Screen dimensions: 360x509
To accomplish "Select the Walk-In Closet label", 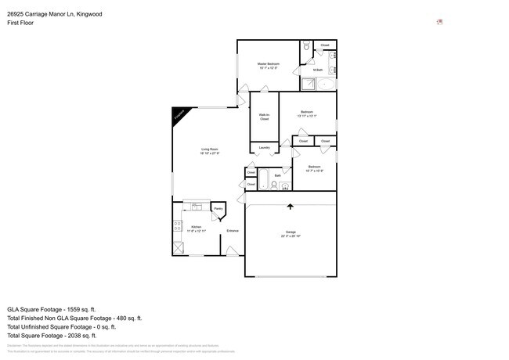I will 264,117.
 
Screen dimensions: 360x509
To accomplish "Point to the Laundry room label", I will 264,147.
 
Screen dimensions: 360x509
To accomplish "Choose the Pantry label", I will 218,209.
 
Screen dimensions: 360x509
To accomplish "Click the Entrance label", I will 233,230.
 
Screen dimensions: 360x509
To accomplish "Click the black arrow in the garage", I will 291,207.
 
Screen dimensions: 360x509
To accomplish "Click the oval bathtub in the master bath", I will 327,84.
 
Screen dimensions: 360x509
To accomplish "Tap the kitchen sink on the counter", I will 195,207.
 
